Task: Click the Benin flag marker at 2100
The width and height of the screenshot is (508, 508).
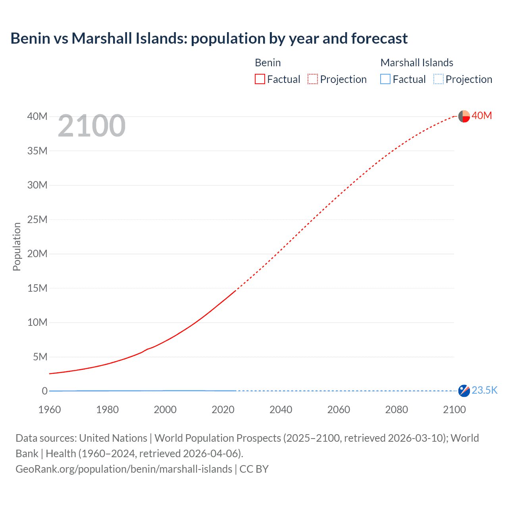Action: pos(464,116)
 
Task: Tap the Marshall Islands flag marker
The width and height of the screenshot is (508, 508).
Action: pos(464,391)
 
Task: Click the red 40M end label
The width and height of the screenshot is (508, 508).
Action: pos(481,115)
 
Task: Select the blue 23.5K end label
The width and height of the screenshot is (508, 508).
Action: pos(484,391)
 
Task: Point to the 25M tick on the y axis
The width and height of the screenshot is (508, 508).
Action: pos(37,219)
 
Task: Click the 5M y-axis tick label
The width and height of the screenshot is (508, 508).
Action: pos(40,357)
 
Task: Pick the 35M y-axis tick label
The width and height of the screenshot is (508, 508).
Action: pos(37,151)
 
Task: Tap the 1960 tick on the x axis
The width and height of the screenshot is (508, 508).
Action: pos(50,410)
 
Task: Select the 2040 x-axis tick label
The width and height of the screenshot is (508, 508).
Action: pos(281,410)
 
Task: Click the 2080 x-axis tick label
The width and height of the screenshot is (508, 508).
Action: pos(396,410)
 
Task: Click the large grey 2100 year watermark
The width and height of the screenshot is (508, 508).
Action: pos(92,126)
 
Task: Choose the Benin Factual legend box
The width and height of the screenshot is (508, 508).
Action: pos(260,79)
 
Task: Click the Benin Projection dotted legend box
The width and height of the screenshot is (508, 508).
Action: pos(313,79)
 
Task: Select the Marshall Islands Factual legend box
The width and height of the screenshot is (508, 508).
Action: pos(385,79)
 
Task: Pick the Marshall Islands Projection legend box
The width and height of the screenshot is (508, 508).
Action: pos(438,79)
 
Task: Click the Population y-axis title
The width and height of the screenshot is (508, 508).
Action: pos(17,246)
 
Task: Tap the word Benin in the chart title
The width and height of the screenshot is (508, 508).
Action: pos(31,38)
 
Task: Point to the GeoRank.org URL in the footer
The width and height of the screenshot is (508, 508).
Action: pos(124,469)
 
